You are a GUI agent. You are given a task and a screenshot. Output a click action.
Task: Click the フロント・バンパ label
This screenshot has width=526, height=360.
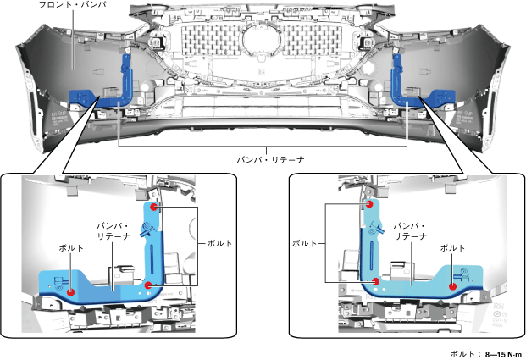pos(71,6)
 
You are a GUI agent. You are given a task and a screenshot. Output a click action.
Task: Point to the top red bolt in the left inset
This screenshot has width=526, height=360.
pos(153,206)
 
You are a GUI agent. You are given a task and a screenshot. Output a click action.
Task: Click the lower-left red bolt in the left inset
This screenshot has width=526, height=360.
pos(71,292)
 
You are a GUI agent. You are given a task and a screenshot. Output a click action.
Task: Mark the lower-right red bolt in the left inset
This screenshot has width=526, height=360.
pos(148,285)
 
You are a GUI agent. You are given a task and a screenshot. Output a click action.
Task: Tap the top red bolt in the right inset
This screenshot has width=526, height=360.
pos(369,203)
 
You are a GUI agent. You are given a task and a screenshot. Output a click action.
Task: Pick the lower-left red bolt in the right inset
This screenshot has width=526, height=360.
pos(374,281)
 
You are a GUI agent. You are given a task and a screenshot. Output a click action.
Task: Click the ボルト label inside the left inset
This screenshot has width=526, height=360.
pos(71,247)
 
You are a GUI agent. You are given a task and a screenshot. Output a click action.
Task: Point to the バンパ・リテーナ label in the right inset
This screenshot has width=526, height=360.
pos(411,231)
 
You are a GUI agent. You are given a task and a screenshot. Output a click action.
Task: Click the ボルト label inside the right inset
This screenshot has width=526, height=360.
pos(452,247)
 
